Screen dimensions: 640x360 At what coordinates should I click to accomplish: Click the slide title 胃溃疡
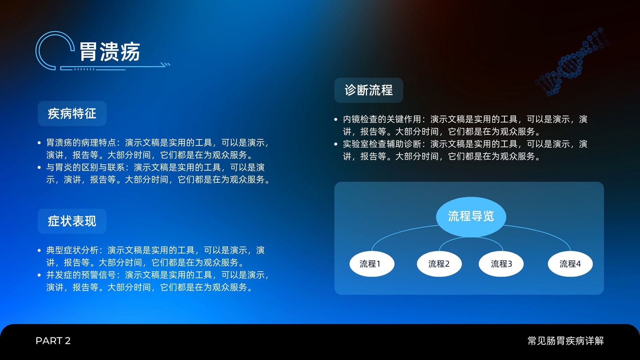click(110, 52)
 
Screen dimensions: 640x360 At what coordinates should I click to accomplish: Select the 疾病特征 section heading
click(72, 114)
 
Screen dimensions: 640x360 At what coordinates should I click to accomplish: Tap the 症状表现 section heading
click(72, 221)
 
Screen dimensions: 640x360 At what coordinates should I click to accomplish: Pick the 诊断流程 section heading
click(368, 90)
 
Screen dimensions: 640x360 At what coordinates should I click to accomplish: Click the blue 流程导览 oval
click(471, 216)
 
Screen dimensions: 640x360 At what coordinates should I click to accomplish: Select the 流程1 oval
click(372, 264)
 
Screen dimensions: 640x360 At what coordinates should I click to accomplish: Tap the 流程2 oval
click(439, 264)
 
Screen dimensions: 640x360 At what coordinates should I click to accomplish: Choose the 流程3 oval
click(501, 264)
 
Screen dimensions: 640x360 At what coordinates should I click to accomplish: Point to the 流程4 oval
click(570, 264)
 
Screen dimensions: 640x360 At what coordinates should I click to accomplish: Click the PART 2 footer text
click(53, 340)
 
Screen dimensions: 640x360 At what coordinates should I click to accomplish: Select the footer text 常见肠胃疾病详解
click(566, 340)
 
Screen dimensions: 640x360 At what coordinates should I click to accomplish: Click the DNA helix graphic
click(572, 62)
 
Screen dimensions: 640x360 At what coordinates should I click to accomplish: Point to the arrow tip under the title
click(170, 64)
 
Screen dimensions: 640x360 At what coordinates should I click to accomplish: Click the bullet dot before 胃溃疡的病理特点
click(40, 142)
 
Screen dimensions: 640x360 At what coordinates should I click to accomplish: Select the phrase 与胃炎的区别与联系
click(86, 167)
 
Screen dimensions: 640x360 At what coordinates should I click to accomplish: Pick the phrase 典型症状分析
click(72, 250)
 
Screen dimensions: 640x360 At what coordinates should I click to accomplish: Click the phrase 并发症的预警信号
click(81, 275)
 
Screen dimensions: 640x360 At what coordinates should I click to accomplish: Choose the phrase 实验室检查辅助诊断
click(382, 144)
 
